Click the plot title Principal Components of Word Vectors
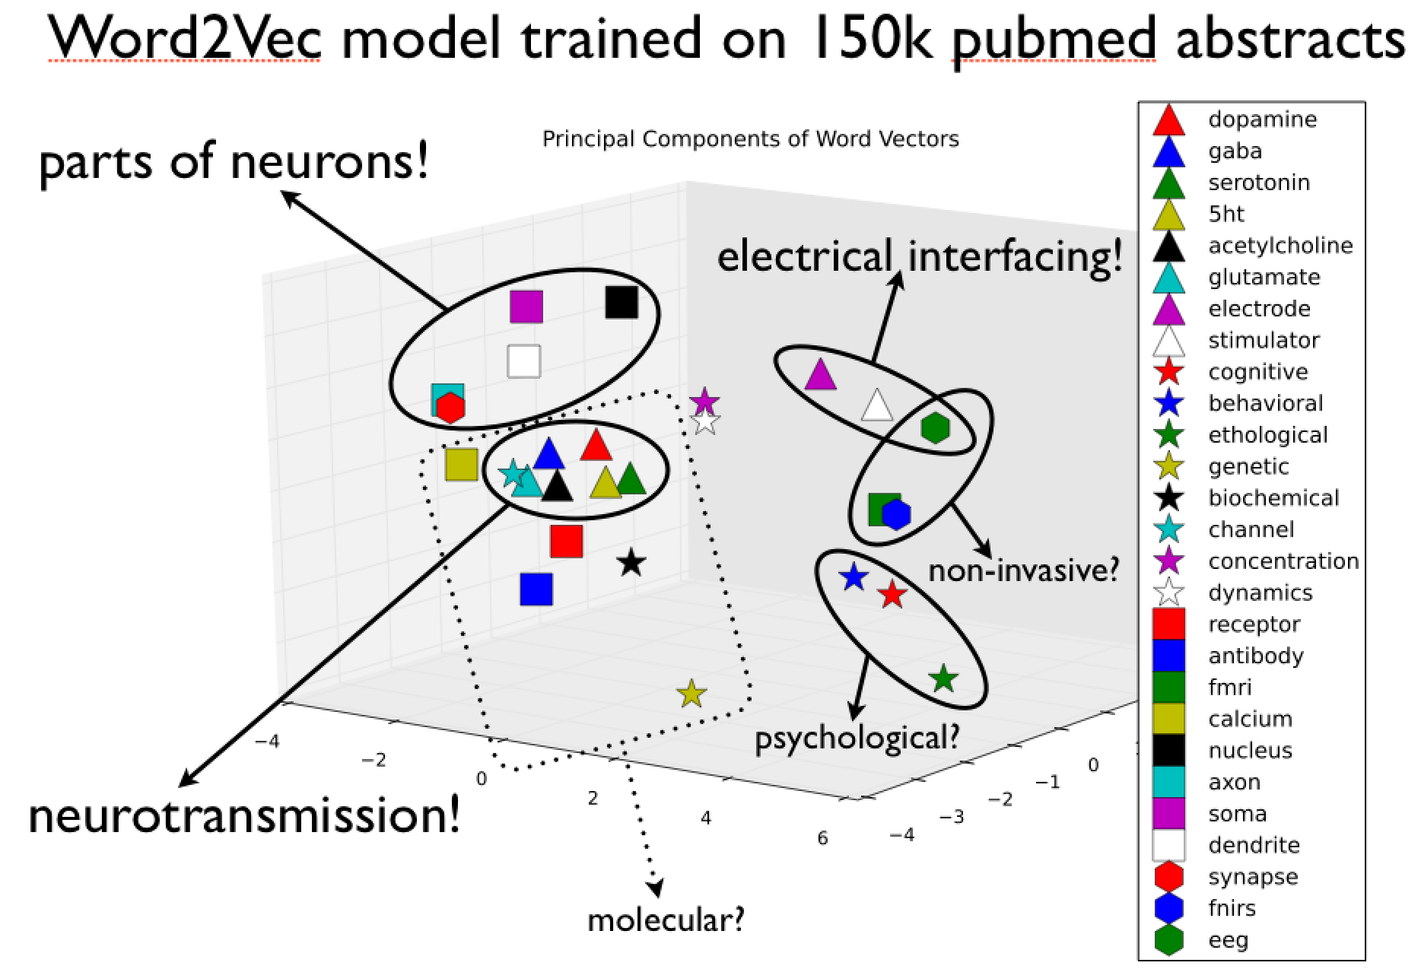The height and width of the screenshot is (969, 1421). (x=750, y=139)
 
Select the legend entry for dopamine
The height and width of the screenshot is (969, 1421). (x=1262, y=119)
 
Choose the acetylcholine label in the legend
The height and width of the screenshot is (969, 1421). (x=1280, y=246)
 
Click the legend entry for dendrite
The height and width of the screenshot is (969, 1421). (x=1254, y=845)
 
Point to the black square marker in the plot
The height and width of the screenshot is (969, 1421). (x=621, y=302)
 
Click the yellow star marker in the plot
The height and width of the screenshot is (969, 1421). (x=691, y=694)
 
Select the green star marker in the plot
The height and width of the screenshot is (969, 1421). (x=943, y=678)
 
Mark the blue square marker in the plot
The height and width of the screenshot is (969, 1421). (x=536, y=589)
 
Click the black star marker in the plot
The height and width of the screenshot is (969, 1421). (x=631, y=564)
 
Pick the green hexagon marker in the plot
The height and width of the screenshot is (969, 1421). (x=935, y=428)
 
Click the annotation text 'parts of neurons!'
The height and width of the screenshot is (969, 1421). (x=234, y=162)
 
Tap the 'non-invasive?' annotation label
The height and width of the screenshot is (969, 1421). (x=1024, y=570)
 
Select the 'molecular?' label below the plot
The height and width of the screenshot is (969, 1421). (x=666, y=920)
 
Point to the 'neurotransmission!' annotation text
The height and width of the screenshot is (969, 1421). (x=244, y=816)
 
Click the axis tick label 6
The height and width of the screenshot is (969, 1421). (x=822, y=837)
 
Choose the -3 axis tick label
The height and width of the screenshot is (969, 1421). (x=952, y=817)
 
